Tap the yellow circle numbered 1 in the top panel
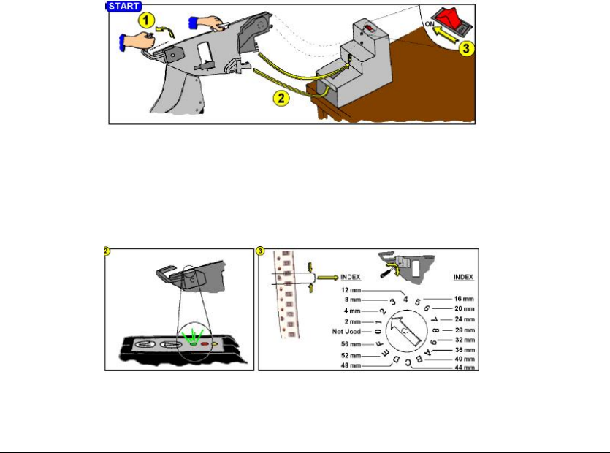[146, 23]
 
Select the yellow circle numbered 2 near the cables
[277, 96]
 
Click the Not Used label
[346, 331]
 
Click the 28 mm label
[467, 330]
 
